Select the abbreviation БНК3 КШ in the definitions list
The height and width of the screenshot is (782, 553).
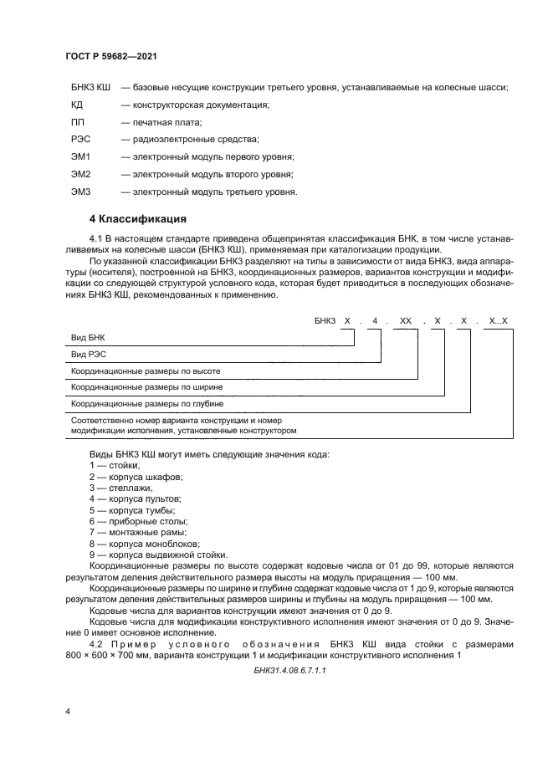(91, 87)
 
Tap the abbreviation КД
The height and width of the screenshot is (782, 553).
(78, 105)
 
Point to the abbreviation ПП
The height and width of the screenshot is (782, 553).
(79, 122)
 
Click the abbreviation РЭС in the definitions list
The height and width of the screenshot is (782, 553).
(81, 139)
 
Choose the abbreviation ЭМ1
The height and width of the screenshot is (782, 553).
(81, 156)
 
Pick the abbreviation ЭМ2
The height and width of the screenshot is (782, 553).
(81, 174)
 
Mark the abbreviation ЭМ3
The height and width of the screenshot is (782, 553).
(81, 192)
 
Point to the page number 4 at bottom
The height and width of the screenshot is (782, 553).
(67, 711)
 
